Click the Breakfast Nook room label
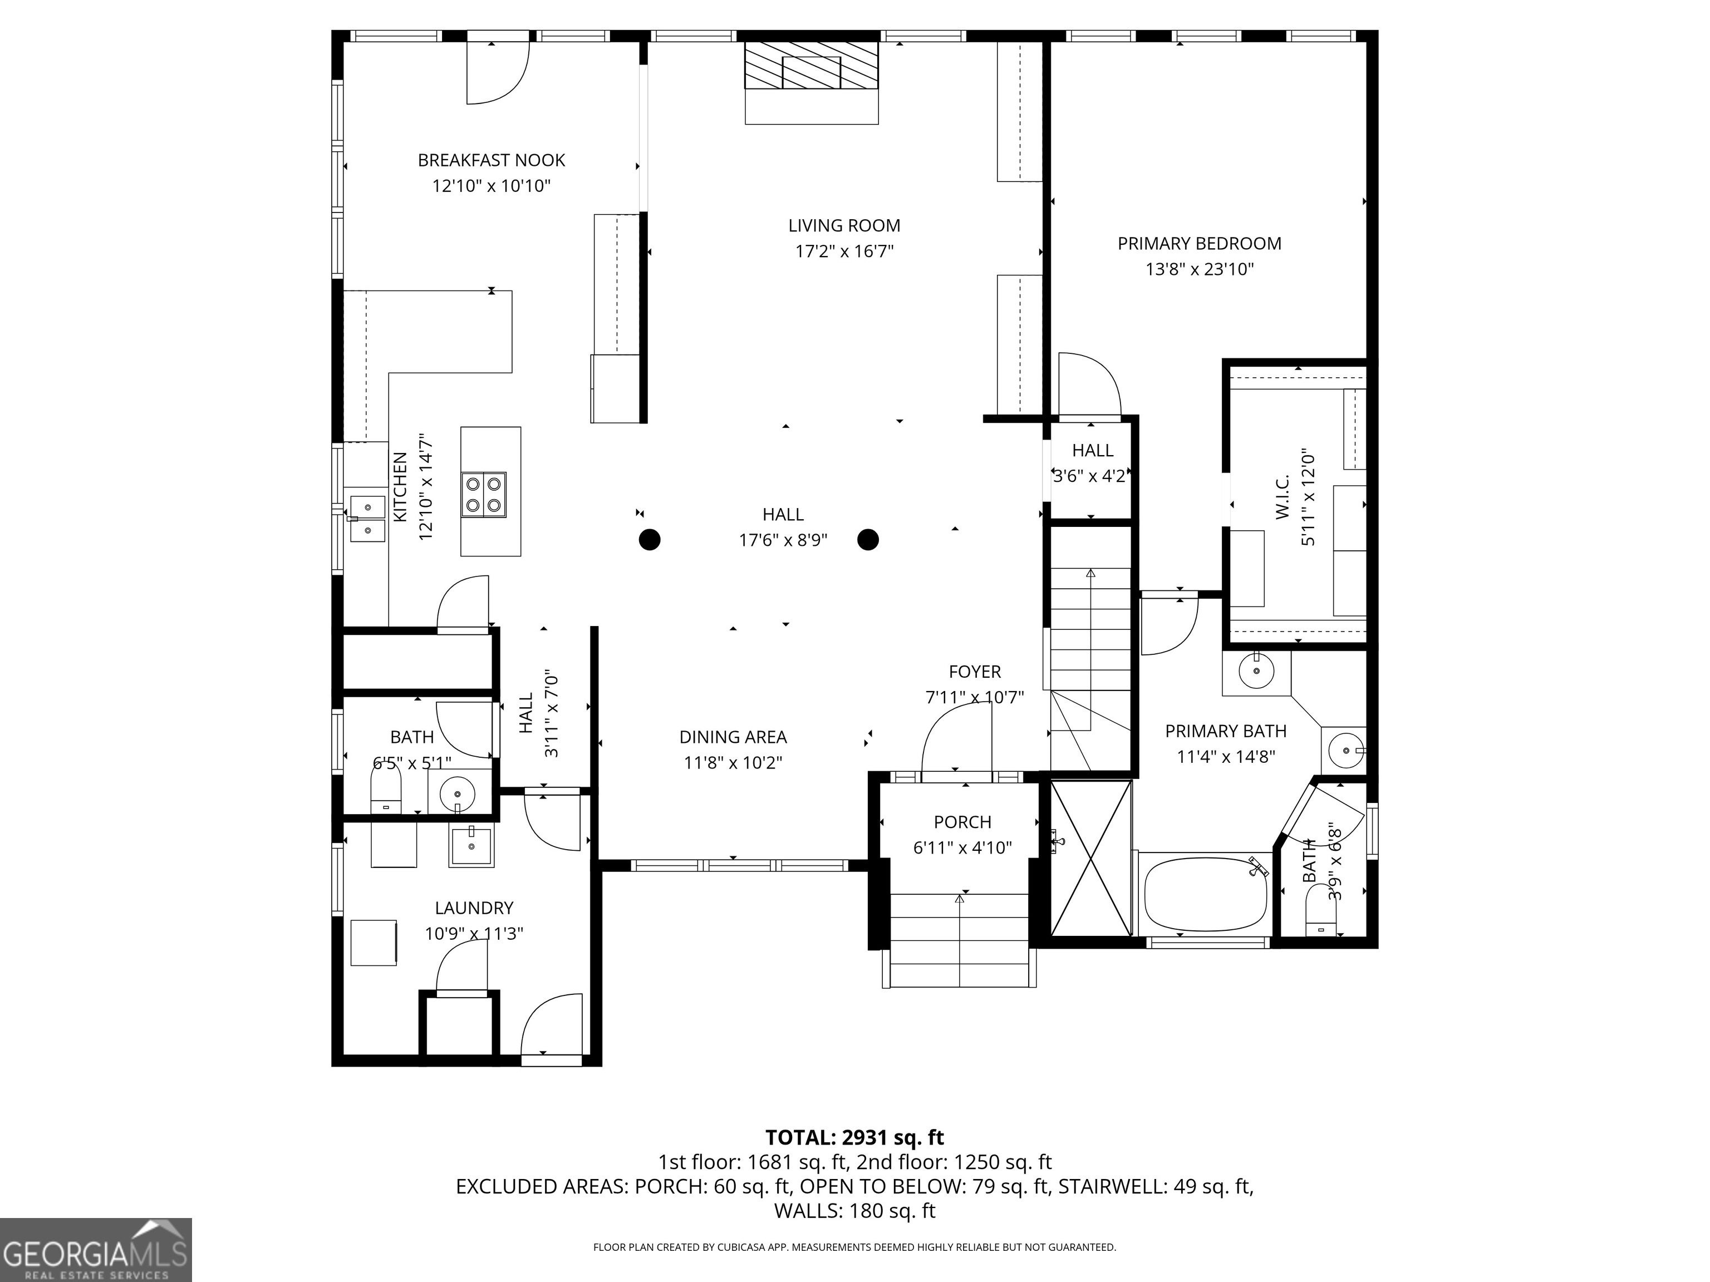tap(492, 160)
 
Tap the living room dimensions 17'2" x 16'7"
tap(844, 251)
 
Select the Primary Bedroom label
tap(1199, 243)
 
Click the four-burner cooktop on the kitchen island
tap(483, 495)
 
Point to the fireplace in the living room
tap(812, 82)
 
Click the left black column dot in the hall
tap(650, 539)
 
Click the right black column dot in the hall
tap(868, 539)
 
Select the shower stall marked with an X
tap(1090, 858)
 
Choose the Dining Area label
tap(733, 737)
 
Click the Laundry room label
tap(474, 908)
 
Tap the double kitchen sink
tap(367, 517)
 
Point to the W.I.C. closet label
tap(1282, 497)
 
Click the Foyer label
tap(975, 672)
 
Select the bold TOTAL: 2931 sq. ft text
tap(854, 1137)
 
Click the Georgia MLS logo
tap(95, 1250)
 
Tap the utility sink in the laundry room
tap(470, 846)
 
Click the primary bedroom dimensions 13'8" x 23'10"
tap(1199, 269)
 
